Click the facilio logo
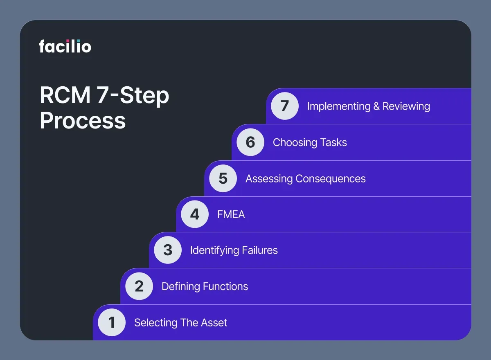[65, 46]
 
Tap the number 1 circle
[112, 322]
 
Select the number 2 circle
[139, 286]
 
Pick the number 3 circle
[168, 250]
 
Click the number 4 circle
[195, 214]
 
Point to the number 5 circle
[223, 178]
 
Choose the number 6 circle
[250, 142]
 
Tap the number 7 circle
[285, 106]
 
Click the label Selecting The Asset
[180, 323]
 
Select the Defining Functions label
[205, 286]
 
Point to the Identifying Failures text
[234, 250]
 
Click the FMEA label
[231, 214]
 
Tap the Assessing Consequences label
[305, 179]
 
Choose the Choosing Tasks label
[310, 143]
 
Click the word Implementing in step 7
[338, 106]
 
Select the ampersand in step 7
[377, 106]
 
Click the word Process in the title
[83, 121]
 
